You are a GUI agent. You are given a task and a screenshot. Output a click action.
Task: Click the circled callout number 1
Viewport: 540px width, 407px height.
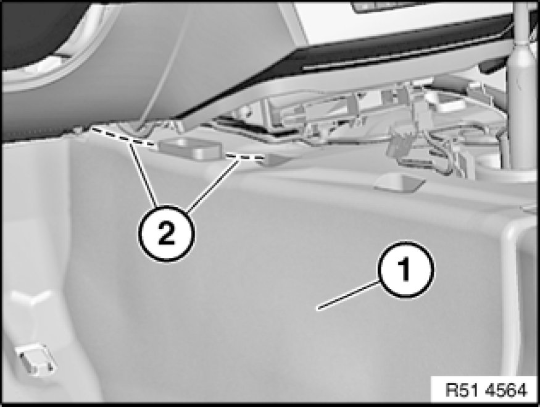(406, 269)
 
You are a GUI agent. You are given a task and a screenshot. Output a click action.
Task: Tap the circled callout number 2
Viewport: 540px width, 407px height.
(167, 233)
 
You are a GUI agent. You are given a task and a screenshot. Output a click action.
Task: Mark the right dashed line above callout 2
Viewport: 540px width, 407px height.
(245, 157)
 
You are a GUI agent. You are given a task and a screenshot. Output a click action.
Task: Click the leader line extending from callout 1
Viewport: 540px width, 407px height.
(349, 295)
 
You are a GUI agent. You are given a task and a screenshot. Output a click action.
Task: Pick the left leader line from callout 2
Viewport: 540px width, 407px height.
(144, 174)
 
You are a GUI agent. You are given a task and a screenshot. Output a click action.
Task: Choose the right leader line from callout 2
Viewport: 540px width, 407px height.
(213, 185)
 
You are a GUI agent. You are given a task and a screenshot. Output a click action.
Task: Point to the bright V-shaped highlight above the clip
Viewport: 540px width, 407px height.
(31, 297)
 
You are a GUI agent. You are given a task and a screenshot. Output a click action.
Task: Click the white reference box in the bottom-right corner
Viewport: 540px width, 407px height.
(485, 390)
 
